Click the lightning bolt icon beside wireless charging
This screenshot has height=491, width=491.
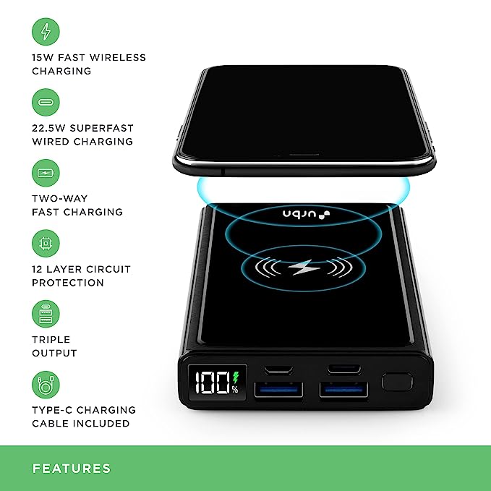tap(46, 32)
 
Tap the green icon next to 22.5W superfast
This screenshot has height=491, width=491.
tap(46, 103)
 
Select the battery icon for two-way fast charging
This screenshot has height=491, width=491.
tap(46, 174)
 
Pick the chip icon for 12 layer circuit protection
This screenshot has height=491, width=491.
tap(46, 244)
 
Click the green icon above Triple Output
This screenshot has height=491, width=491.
tap(46, 315)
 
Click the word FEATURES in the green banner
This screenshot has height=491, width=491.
tap(72, 469)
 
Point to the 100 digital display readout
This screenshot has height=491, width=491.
tap(209, 383)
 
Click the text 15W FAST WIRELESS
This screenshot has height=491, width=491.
tap(89, 58)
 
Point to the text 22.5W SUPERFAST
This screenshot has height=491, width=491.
tap(83, 128)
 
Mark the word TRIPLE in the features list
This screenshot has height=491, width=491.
tap(51, 340)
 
